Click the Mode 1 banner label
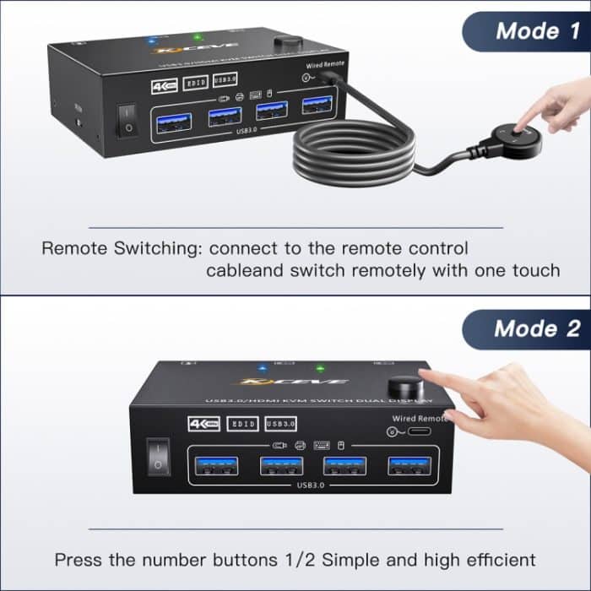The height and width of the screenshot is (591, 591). point(538,31)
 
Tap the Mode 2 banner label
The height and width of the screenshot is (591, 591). point(538,328)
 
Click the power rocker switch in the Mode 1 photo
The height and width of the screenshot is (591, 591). point(126,119)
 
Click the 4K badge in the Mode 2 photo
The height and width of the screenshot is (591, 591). point(203,423)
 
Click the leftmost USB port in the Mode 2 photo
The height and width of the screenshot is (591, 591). point(214,467)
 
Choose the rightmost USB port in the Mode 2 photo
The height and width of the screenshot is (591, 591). point(409,467)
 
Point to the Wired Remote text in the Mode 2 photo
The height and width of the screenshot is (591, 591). point(418,418)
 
